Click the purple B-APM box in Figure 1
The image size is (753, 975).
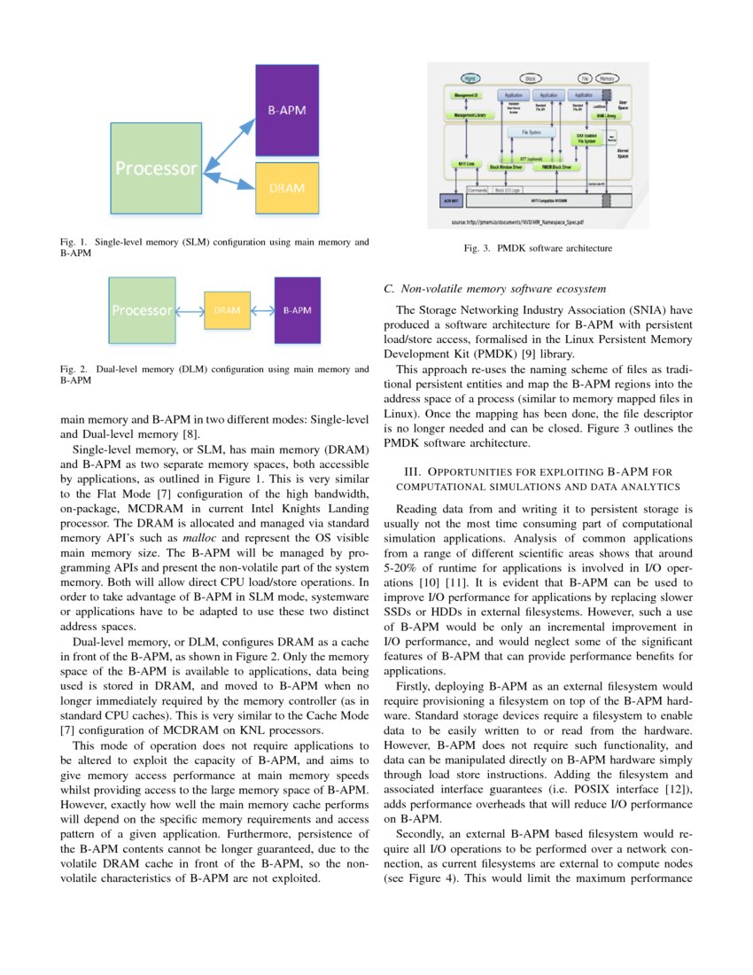pos(292,111)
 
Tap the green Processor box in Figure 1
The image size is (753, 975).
pos(155,168)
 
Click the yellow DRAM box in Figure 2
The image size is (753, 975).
pos(228,310)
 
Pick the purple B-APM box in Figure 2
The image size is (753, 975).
pos(297,310)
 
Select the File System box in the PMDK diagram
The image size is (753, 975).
pos(532,132)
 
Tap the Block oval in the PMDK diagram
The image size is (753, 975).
pos(531,79)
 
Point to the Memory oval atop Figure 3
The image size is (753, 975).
pos(608,79)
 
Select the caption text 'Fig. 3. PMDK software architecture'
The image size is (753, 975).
pos(538,248)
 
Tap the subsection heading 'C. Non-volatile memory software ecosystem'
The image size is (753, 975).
pos(495,289)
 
